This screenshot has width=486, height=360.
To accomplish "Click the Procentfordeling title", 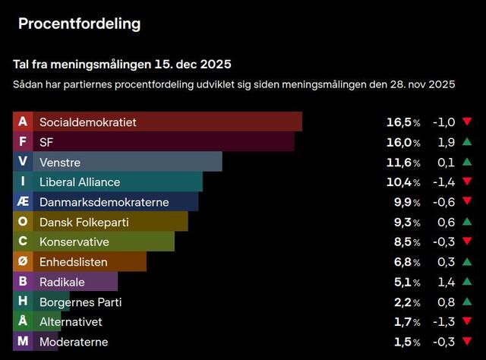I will (x=79, y=24).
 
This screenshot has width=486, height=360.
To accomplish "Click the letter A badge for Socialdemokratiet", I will (x=23, y=122).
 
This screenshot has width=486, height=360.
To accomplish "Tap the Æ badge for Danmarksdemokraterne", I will (x=23, y=201).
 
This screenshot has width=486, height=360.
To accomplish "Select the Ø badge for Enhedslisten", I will (x=23, y=261).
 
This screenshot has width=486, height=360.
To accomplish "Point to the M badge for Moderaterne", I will (x=23, y=342).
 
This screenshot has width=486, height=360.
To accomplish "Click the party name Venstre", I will (x=60, y=162).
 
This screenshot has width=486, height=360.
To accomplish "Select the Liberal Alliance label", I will (x=80, y=182).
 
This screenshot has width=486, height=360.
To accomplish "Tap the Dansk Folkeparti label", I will (x=84, y=222).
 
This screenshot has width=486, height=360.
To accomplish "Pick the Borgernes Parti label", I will (x=80, y=302).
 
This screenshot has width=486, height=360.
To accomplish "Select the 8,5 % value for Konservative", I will (x=406, y=242).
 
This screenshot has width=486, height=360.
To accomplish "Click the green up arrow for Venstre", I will (x=467, y=162).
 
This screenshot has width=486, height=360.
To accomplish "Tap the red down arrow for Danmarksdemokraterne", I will (x=467, y=202).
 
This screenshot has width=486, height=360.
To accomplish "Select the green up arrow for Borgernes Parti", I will (x=467, y=302).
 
